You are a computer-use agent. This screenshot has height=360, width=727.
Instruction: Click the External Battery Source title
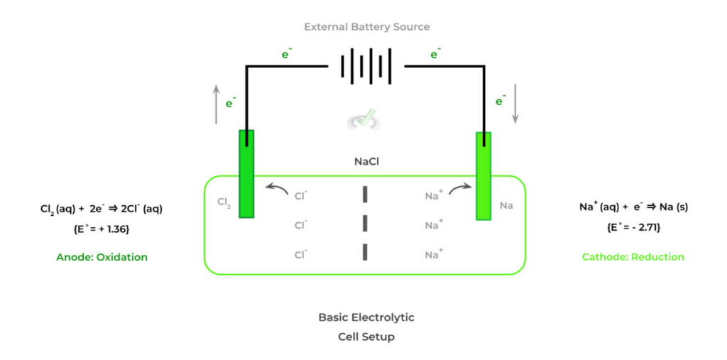point(366,27)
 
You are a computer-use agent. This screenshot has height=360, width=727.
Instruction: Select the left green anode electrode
point(246,173)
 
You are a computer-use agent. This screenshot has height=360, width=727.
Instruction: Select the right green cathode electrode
point(483,175)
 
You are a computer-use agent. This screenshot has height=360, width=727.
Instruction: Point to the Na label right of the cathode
point(506,205)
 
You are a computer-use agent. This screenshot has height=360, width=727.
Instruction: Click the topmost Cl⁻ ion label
point(301,196)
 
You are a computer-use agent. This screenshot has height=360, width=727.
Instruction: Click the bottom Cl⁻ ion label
point(301,254)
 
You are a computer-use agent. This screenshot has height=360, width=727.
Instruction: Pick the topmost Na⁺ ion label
point(434,196)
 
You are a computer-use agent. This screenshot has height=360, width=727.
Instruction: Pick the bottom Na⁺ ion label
point(434,254)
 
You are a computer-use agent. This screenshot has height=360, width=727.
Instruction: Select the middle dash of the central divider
point(365,223)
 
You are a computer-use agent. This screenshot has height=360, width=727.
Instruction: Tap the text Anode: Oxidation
point(102,257)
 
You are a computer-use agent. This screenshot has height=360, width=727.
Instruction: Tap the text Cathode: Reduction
point(633,257)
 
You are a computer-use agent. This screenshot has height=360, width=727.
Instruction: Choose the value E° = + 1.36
point(102,229)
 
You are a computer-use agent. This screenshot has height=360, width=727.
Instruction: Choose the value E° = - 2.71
point(633,228)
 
